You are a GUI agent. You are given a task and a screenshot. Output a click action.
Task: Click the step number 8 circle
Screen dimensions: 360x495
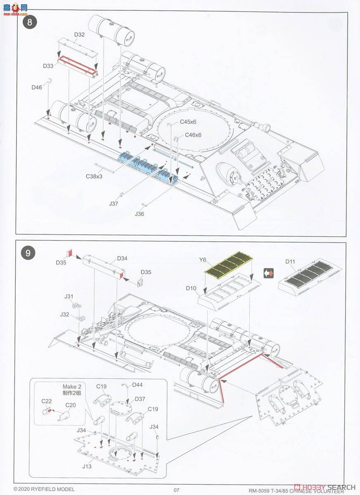coord(29,22)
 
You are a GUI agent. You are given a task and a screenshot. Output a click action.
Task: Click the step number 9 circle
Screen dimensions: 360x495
coord(28,253)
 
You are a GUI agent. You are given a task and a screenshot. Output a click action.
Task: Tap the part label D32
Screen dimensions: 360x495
coord(80,34)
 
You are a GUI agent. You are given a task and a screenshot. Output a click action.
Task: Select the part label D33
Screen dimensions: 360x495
coord(48,66)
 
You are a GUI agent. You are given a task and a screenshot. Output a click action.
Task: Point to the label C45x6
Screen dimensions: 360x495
coord(188,122)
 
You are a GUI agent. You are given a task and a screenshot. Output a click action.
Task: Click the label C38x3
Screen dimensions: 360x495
coord(94,176)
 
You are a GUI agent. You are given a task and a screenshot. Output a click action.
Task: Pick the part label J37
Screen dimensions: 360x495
coord(114,203)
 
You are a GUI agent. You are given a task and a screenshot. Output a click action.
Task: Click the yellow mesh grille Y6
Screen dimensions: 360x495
coord(229,265)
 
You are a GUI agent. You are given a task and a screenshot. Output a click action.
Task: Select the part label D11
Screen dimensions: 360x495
coord(291,262)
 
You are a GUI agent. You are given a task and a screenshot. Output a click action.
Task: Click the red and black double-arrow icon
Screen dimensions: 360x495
coord(269,273)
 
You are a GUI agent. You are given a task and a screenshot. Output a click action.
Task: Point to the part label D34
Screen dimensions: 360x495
coord(122,259)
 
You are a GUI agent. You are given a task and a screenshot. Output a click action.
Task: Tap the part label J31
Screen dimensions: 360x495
coord(69,296)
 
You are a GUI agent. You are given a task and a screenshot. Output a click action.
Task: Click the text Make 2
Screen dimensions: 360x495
coord(70,387)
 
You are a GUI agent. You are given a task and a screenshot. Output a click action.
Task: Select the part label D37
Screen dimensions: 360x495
coord(140,398)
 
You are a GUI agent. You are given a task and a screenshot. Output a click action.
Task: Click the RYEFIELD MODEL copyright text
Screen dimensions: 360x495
coord(44,489)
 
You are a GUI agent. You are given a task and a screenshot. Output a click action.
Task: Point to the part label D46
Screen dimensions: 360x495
coord(37,87)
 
